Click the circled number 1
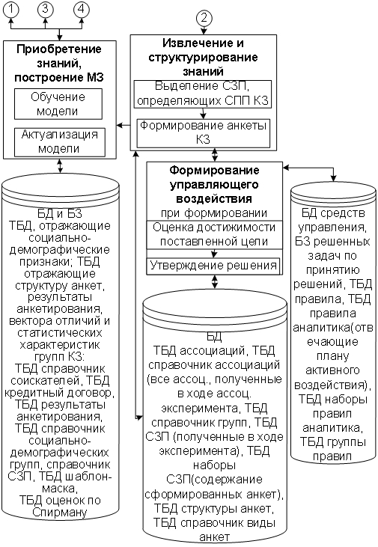point(11,8)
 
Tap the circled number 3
point(45,8)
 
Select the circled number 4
point(82,8)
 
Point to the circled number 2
point(204,18)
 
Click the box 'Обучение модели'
point(58,104)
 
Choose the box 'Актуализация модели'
point(60,142)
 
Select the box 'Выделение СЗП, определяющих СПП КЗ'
point(203,94)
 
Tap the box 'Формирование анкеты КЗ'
point(204,133)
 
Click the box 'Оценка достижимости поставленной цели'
point(214,234)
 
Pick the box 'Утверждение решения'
point(213,266)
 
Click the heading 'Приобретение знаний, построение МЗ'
point(59,63)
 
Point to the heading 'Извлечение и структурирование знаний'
point(203,57)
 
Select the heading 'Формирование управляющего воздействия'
point(214,184)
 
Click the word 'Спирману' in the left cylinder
point(60,512)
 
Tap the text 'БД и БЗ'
point(60,213)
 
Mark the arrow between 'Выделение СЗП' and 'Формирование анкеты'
point(204,114)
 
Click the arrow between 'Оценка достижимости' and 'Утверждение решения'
point(214,254)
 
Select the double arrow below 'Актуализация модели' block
point(60,165)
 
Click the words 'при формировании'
point(214,213)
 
